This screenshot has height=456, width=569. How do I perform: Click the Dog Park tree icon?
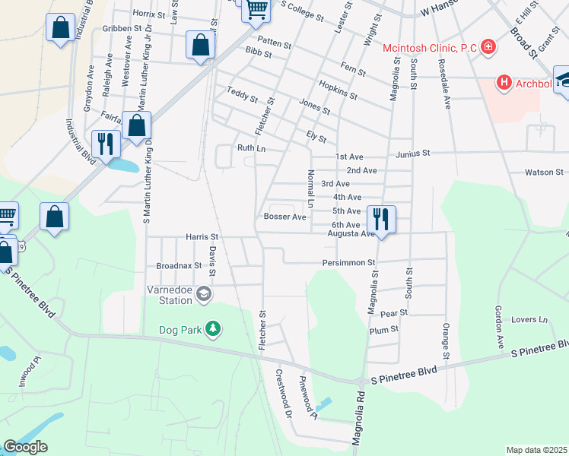(215, 328)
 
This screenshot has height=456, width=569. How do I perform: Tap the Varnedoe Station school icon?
(203, 293)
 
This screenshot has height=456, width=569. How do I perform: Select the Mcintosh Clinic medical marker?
(488, 48)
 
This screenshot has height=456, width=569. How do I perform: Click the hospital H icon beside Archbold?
(503, 81)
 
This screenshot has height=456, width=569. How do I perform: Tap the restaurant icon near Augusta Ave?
(380, 219)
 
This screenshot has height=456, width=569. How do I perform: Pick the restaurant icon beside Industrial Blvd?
(104, 143)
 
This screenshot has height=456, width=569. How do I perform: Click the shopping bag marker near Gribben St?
(60, 29)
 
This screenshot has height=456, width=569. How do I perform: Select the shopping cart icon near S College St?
(256, 10)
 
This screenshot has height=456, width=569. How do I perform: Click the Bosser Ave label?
(284, 217)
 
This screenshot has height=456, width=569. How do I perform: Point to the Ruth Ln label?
(250, 148)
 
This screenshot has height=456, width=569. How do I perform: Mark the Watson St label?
(543, 173)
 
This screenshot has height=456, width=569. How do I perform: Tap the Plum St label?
(383, 329)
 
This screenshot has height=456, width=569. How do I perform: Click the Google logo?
(25, 447)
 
